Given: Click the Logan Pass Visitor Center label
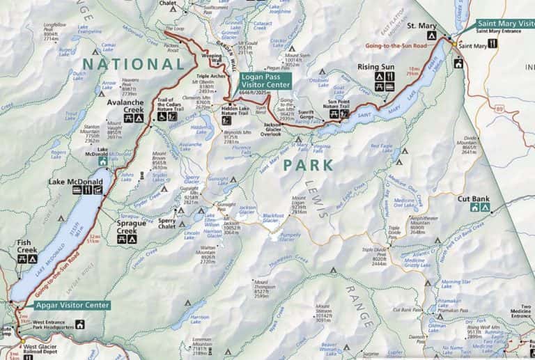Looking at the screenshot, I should [x=266, y=81].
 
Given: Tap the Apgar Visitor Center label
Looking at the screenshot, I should [x=72, y=305].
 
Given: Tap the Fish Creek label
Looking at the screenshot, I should [x=28, y=247].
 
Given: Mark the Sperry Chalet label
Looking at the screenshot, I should [x=167, y=224].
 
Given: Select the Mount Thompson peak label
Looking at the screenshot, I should [x=251, y=289].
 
